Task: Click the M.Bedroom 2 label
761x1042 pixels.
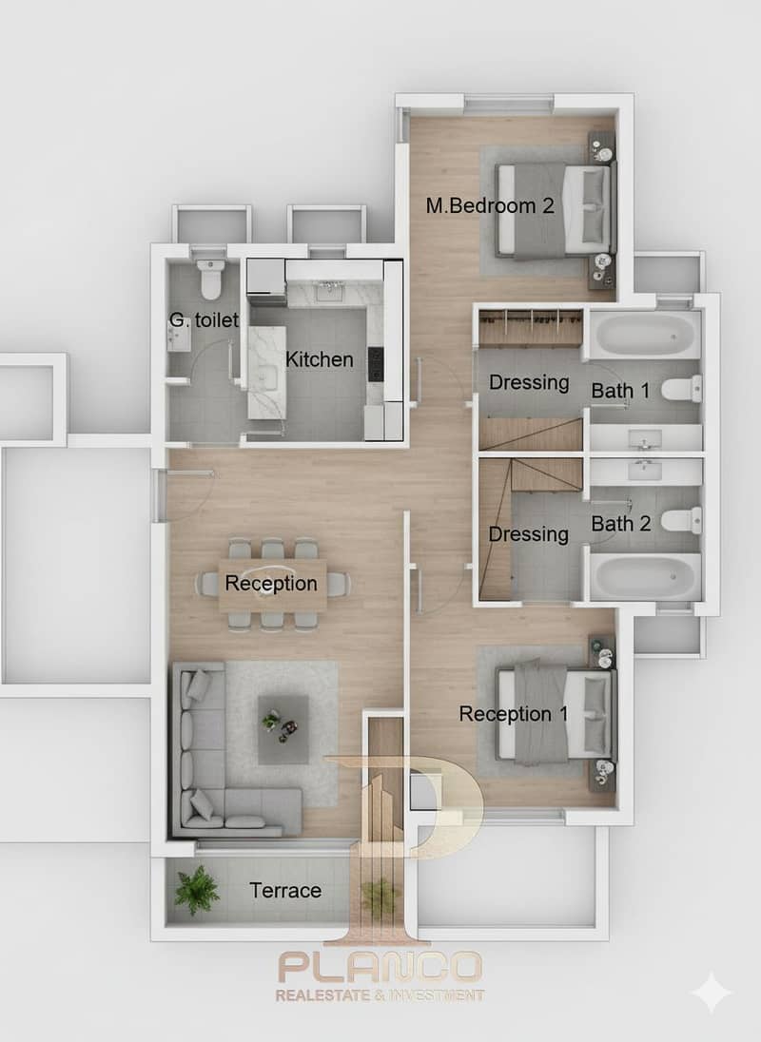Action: (x=490, y=205)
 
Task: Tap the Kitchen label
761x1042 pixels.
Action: (x=319, y=359)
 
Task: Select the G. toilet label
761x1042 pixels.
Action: (x=204, y=319)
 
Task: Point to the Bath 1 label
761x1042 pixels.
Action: (x=621, y=390)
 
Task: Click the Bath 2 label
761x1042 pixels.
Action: (x=621, y=524)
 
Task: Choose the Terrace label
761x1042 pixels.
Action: (x=285, y=891)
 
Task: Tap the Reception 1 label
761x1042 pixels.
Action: (x=513, y=714)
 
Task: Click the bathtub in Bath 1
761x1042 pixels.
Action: (x=645, y=335)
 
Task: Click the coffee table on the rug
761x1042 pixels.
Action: (x=283, y=729)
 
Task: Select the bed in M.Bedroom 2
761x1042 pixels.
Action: (x=553, y=211)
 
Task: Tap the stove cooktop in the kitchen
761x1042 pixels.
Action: (x=376, y=364)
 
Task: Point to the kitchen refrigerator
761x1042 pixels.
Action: (x=266, y=277)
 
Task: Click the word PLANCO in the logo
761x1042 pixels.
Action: (x=380, y=967)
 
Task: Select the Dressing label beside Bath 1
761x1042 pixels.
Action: (x=529, y=382)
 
